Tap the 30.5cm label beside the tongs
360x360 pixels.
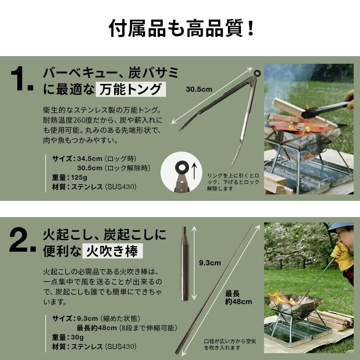199,89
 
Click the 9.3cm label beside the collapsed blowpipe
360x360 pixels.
210,263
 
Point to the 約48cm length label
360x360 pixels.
238,301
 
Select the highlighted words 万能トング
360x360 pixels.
131,89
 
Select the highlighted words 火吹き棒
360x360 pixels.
112,251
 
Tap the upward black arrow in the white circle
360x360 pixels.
194,171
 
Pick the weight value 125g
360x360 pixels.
79,177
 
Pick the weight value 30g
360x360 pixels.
77,337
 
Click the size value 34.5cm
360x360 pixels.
89,159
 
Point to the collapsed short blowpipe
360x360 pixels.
185,264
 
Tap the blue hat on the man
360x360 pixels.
341,226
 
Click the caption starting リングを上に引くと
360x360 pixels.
233,182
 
